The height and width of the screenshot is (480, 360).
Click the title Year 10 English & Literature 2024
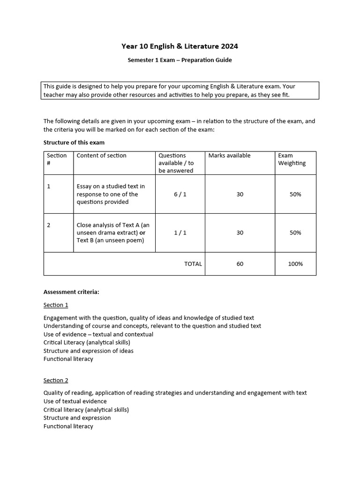click(x=180, y=46)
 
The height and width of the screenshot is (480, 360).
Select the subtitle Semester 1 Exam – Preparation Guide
click(x=180, y=60)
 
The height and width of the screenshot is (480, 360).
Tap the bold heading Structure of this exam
click(x=74, y=142)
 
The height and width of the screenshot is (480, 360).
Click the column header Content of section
click(x=101, y=156)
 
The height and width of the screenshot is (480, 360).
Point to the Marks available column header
click(x=229, y=156)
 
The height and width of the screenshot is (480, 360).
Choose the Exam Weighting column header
click(x=292, y=159)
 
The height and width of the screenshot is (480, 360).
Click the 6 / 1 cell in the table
click(x=180, y=194)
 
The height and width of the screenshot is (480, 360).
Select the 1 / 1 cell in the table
click(x=180, y=232)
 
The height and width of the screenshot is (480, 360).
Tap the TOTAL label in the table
click(x=193, y=264)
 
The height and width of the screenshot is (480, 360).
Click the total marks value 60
click(x=240, y=264)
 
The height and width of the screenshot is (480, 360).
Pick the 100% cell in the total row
click(x=295, y=264)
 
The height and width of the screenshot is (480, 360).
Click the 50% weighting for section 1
click(x=295, y=194)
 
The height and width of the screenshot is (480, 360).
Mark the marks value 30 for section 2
click(x=240, y=232)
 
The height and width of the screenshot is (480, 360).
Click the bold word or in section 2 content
click(x=142, y=233)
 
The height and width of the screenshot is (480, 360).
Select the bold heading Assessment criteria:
click(x=71, y=292)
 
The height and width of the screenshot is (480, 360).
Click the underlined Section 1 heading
click(x=56, y=305)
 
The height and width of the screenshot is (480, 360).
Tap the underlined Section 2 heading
click(x=56, y=380)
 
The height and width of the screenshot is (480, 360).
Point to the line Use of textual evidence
click(x=75, y=401)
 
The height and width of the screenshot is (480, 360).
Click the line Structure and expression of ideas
click(x=88, y=351)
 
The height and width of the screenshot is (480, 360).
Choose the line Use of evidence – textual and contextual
click(x=98, y=334)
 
